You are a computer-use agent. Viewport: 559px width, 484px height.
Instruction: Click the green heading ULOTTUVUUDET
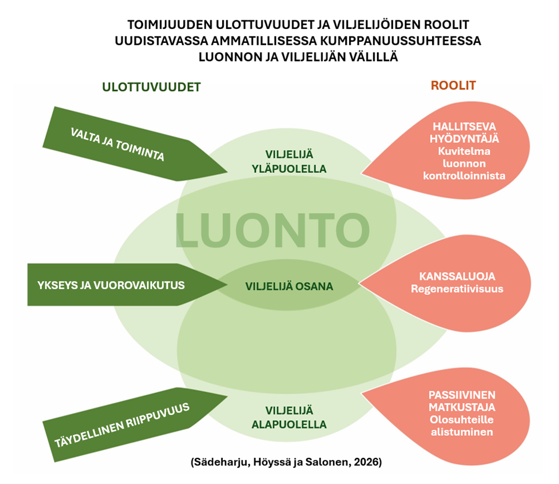pyautogui.click(x=151, y=87)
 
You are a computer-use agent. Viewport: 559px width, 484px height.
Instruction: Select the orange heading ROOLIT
pyautogui.click(x=453, y=85)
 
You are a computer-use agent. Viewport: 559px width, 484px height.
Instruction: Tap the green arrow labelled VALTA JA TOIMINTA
pyautogui.click(x=128, y=145)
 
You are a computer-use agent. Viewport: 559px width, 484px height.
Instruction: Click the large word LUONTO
pyautogui.click(x=272, y=230)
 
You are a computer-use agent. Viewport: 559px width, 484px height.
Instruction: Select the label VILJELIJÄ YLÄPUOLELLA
pyautogui.click(x=289, y=162)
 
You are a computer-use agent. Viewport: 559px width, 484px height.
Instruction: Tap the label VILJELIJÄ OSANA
pyautogui.click(x=289, y=286)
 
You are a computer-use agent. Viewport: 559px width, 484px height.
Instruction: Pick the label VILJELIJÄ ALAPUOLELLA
pyautogui.click(x=289, y=417)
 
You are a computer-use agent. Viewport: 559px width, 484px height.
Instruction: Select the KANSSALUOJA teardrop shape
pyautogui.click(x=458, y=283)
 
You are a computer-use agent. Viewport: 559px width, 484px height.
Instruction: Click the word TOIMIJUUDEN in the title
pyautogui.click(x=174, y=26)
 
